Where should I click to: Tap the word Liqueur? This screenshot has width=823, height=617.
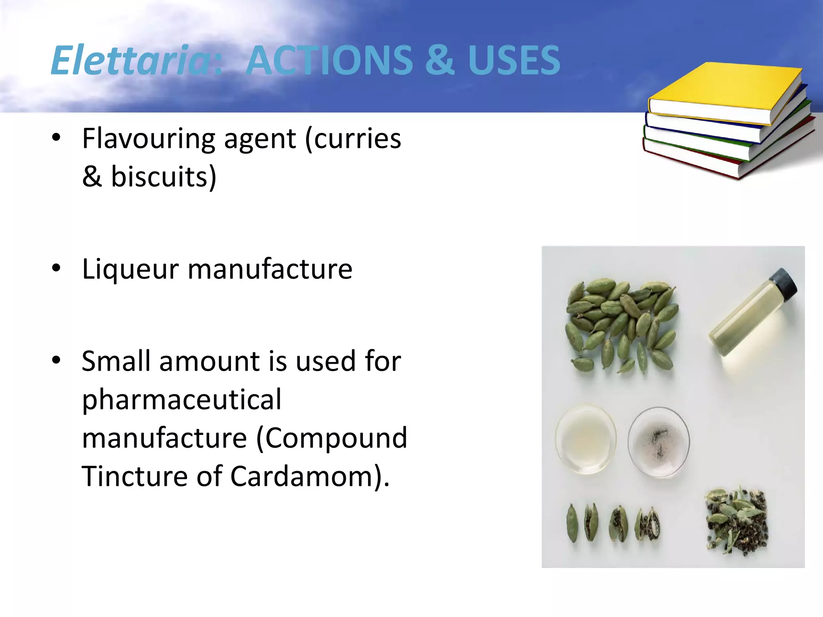(130, 269)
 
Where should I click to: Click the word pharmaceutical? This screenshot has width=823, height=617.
(182, 400)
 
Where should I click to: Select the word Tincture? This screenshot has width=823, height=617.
(135, 476)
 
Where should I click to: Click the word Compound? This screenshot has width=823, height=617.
(336, 438)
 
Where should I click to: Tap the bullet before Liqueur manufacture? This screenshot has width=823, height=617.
(56, 268)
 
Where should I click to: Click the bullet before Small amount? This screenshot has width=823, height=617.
(56, 360)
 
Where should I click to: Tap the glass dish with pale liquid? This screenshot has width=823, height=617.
(586, 439)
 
